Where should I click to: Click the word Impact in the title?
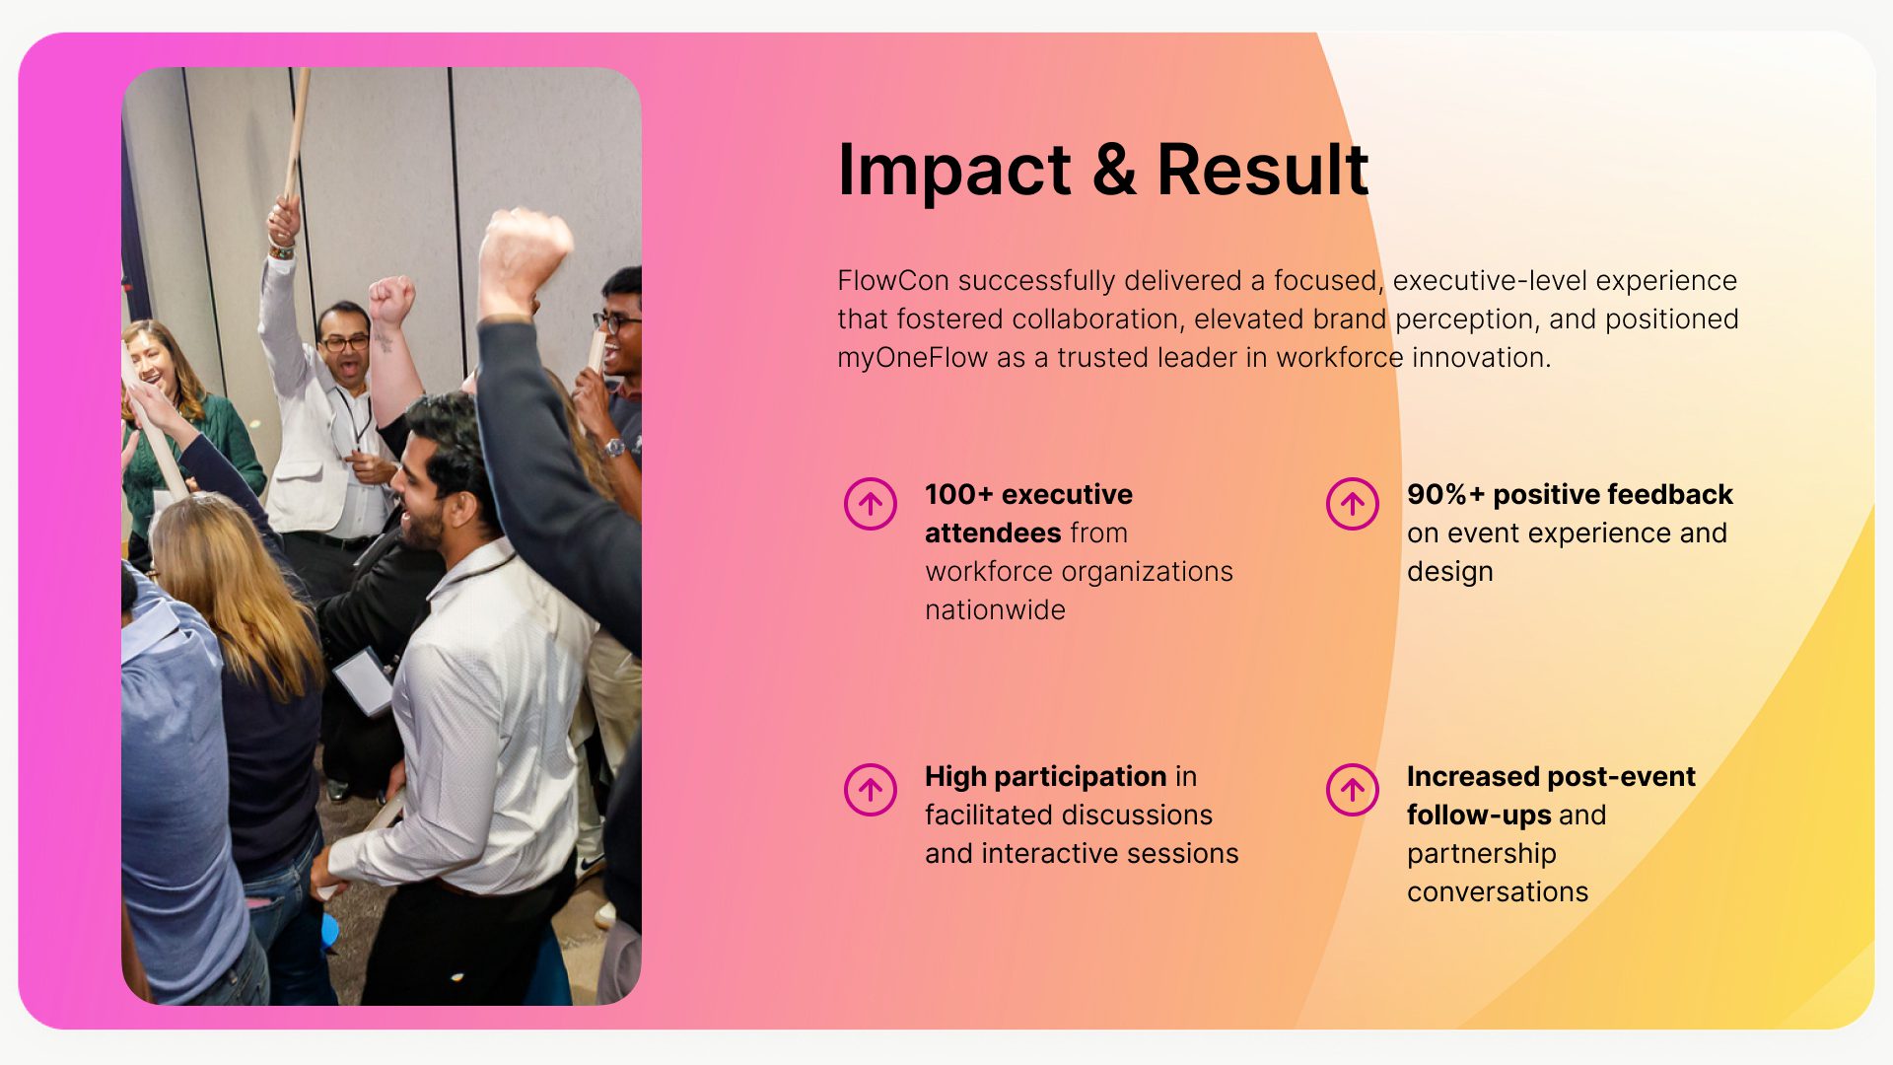pyautogui.click(x=954, y=172)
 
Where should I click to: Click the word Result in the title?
pyautogui.click(x=1263, y=170)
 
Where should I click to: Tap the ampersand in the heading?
pyautogui.click(x=1114, y=170)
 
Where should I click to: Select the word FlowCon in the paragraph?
pyautogui.click(x=893, y=281)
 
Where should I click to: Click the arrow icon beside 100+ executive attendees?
pyautogui.click(x=871, y=504)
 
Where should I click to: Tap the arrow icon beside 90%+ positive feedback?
pyautogui.click(x=1353, y=504)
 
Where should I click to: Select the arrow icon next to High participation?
pyautogui.click(x=871, y=790)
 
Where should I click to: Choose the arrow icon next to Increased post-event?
pyautogui.click(x=1353, y=790)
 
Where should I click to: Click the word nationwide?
pyautogui.click(x=995, y=610)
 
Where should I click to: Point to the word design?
pyautogui.click(x=1449, y=573)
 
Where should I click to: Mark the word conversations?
pyautogui.click(x=1498, y=892)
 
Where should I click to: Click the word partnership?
pyautogui.click(x=1481, y=855)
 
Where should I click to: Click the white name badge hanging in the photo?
pyautogui.click(x=363, y=680)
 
